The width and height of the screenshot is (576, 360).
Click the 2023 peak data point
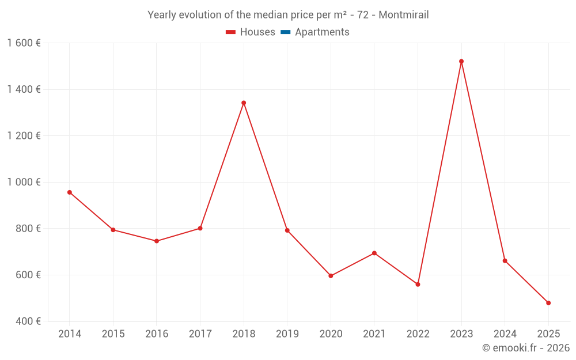pyautogui.click(x=461, y=61)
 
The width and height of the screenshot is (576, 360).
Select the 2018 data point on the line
pyautogui.click(x=244, y=103)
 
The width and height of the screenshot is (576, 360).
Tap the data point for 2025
pyautogui.click(x=548, y=303)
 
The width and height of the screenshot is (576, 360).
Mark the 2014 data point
pyautogui.click(x=70, y=192)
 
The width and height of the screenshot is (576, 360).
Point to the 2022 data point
pyautogui.click(x=418, y=285)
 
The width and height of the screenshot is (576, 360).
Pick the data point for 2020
pyautogui.click(x=331, y=276)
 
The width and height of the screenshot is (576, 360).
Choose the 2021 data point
pyautogui.click(x=374, y=253)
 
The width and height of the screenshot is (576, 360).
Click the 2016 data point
pyautogui.click(x=157, y=241)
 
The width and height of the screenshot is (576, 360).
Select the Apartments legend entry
pyautogui.click(x=322, y=32)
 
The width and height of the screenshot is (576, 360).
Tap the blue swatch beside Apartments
pyautogui.click(x=285, y=32)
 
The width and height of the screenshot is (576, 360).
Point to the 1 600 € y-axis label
pyautogui.click(x=24, y=43)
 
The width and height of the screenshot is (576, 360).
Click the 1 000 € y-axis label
pyautogui.click(x=24, y=182)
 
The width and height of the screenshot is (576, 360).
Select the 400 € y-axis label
pyautogui.click(x=28, y=321)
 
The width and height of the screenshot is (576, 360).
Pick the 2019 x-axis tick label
pyautogui.click(x=287, y=334)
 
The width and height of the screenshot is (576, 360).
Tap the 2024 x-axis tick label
pyautogui.click(x=505, y=334)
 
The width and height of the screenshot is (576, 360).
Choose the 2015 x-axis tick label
pyautogui.click(x=113, y=334)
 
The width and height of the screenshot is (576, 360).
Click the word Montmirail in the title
pyautogui.click(x=403, y=15)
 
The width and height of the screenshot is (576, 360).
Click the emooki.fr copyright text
pyautogui.click(x=526, y=348)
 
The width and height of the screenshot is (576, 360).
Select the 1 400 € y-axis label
pyautogui.click(x=24, y=89)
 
